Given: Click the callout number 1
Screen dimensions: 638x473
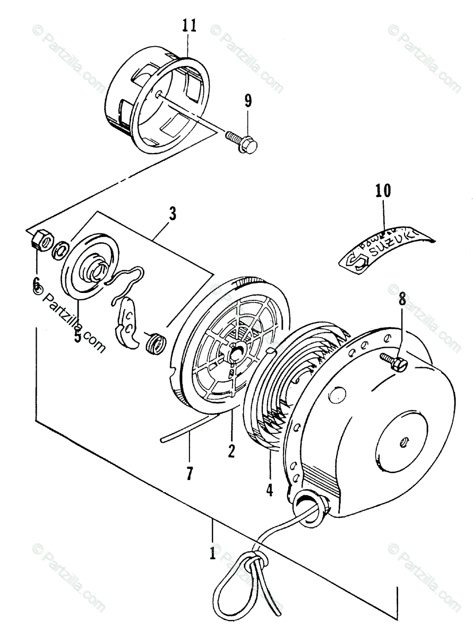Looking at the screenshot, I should click(x=212, y=553).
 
